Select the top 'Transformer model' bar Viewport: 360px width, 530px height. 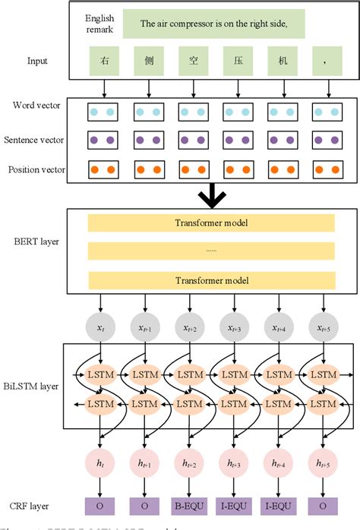pos(211,222)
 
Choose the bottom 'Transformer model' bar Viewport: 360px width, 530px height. pos(211,279)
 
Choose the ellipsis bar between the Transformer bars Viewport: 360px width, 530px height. pos(211,251)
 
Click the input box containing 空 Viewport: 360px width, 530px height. pos(189,61)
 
